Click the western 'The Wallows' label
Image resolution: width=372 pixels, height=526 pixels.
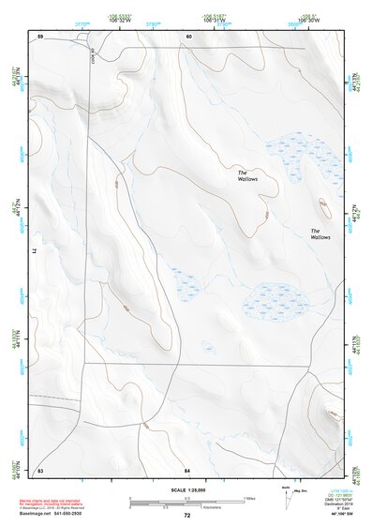[x=247, y=175]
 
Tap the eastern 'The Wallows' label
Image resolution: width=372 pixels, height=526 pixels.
[x=320, y=234]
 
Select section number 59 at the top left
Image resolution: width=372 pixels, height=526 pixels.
[x=41, y=36]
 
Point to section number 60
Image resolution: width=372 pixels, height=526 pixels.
[x=188, y=36]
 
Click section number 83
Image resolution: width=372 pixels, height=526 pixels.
[x=40, y=469]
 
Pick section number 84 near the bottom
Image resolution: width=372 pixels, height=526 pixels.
[x=187, y=469]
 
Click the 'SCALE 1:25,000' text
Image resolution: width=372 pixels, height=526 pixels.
[x=186, y=489]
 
